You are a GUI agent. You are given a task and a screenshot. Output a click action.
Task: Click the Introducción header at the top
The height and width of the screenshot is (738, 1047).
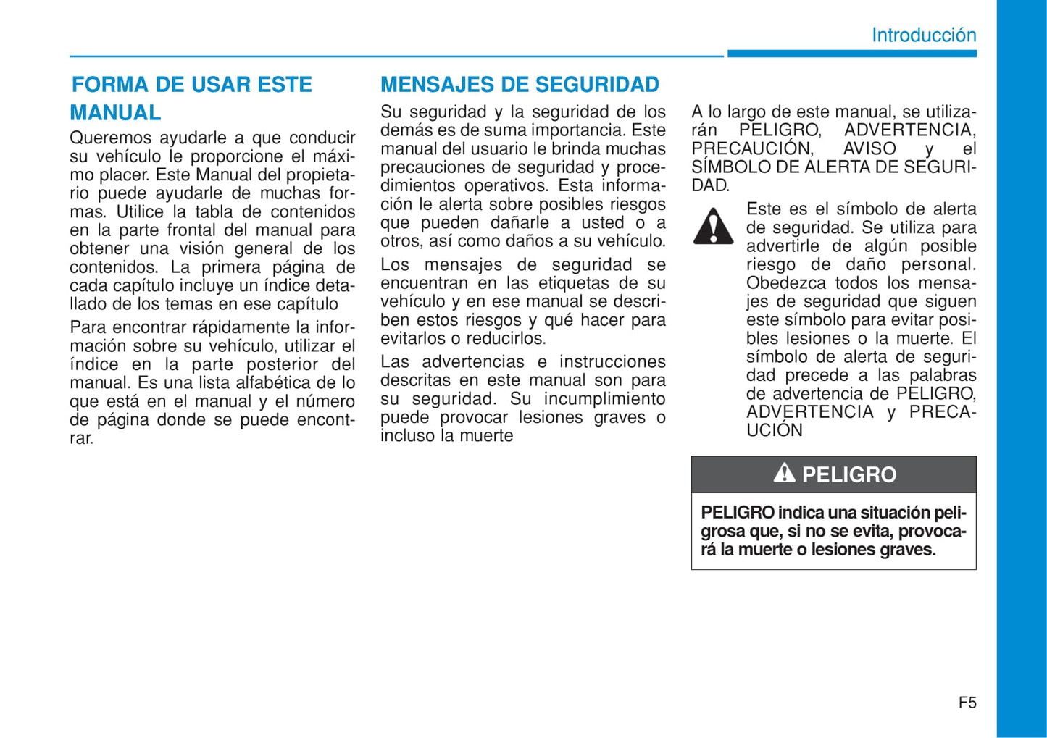(x=923, y=35)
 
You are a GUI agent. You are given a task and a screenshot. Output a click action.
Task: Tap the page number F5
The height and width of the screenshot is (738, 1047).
(x=967, y=703)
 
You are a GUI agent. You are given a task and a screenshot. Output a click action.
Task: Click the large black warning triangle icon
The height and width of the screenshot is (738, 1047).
(x=714, y=226)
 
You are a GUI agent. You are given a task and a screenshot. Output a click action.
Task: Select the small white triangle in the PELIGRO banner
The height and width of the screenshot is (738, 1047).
(x=784, y=474)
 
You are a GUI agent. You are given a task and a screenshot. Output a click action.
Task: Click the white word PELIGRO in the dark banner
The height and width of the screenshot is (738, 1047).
(x=849, y=474)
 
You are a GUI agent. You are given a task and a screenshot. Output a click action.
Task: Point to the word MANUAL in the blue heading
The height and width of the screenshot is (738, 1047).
(x=115, y=113)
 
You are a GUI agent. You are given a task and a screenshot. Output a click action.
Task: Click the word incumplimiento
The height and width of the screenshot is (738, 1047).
(x=604, y=399)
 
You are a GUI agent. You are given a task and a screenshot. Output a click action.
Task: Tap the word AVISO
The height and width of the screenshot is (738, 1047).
(x=869, y=148)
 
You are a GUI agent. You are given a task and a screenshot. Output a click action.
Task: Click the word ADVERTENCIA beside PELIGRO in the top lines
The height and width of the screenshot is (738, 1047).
(x=910, y=130)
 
